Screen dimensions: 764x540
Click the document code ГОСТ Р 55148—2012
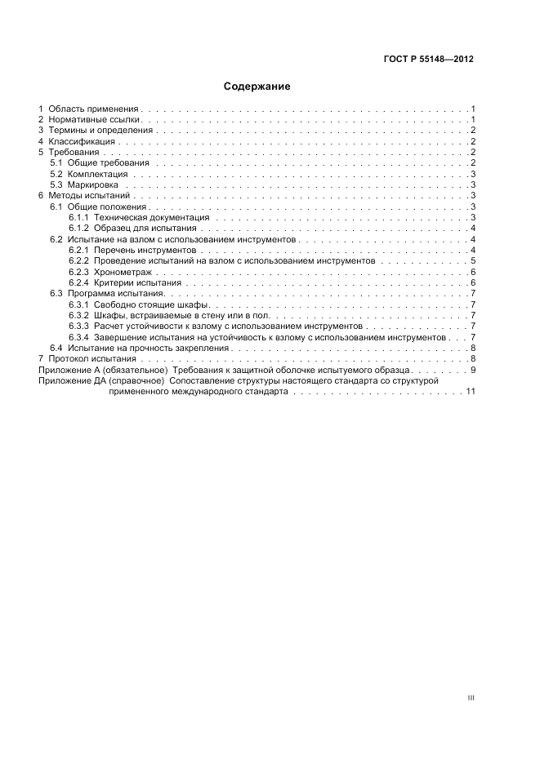pos(429,60)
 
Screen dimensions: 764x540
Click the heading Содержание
pos(257,86)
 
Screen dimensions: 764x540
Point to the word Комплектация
pos(97,174)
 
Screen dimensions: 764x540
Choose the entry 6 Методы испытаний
pos(84,196)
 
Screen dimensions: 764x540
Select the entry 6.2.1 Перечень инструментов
pos(132,250)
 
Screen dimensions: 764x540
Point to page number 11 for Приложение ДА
pos(470,391)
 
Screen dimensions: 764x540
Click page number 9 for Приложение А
pos(472,370)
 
